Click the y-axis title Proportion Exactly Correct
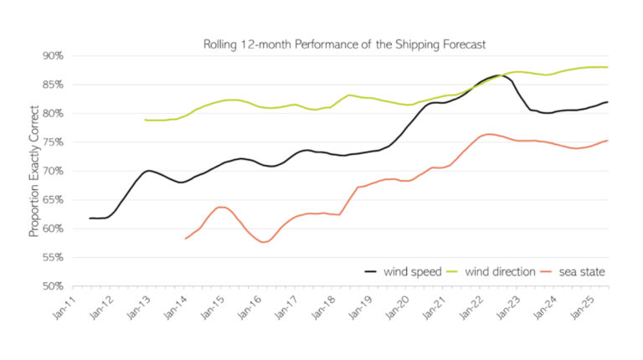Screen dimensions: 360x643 34,171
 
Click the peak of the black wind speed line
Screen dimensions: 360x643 499,75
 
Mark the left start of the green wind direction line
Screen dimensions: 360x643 146,120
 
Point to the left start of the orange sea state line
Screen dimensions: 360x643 186,239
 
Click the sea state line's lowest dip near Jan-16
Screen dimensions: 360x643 265,242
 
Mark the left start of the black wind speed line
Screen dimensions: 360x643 90,219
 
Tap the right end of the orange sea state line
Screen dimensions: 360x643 607,141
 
